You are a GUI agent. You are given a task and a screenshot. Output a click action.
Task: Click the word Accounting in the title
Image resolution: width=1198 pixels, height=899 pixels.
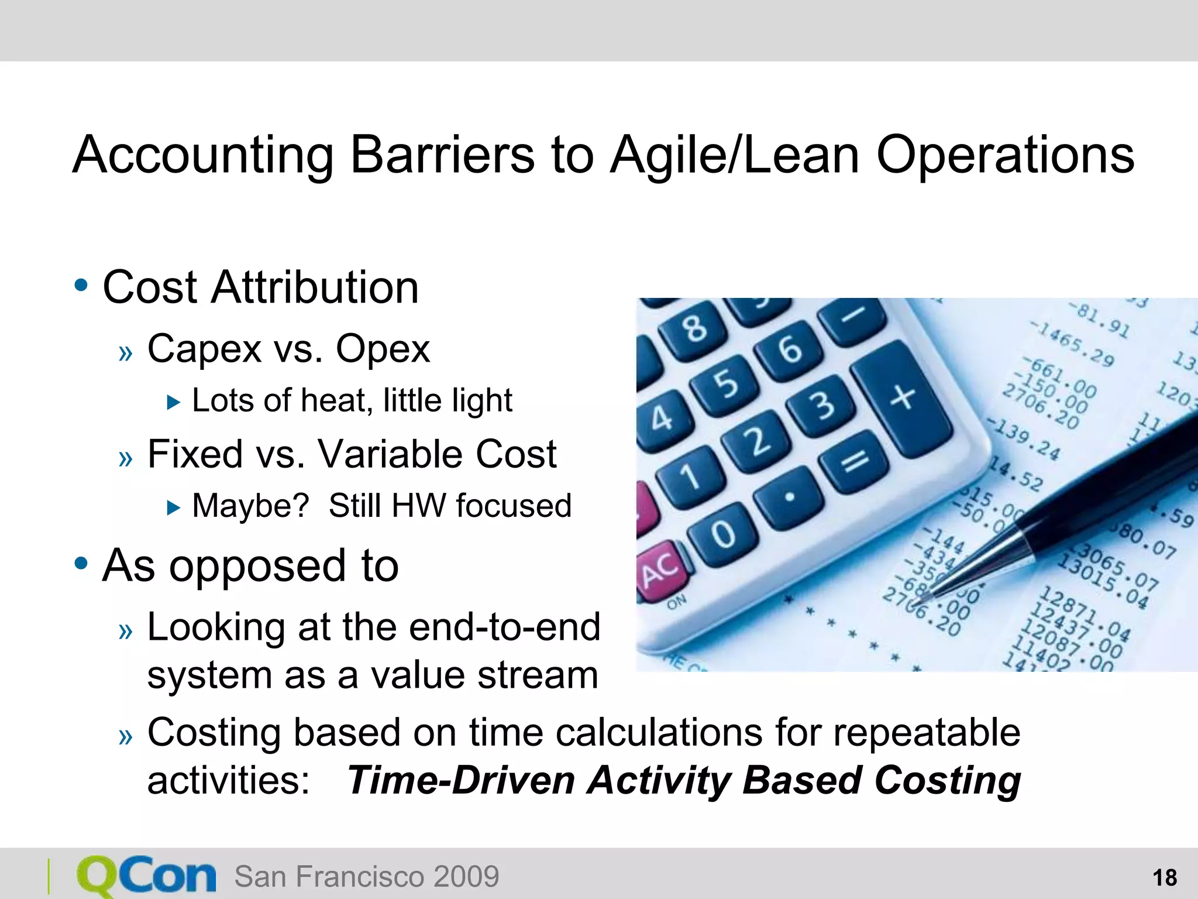(202, 155)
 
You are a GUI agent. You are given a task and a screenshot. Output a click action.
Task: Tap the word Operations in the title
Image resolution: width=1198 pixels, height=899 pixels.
(1004, 155)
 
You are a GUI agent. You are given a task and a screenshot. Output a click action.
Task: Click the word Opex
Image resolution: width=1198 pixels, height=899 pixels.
(383, 349)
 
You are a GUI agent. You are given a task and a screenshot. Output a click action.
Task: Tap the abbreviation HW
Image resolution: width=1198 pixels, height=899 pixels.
(418, 506)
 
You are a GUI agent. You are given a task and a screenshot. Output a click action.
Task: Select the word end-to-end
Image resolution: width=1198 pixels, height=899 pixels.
(504, 627)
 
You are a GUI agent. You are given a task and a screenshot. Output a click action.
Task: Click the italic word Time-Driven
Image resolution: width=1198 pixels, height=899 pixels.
(461, 780)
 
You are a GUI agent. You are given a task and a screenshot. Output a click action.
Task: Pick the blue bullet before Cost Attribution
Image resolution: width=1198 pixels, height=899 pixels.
(81, 286)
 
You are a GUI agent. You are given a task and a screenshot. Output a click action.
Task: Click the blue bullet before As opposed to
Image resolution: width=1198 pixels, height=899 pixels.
(81, 564)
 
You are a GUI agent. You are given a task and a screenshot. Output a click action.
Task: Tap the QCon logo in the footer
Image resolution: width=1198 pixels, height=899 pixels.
(146, 876)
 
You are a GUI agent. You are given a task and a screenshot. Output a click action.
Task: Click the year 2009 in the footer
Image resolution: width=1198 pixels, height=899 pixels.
(466, 877)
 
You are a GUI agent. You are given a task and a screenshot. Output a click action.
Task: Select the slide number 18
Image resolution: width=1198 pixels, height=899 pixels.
(1164, 878)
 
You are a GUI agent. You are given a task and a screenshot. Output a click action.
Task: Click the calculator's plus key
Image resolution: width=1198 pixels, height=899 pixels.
(902, 398)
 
